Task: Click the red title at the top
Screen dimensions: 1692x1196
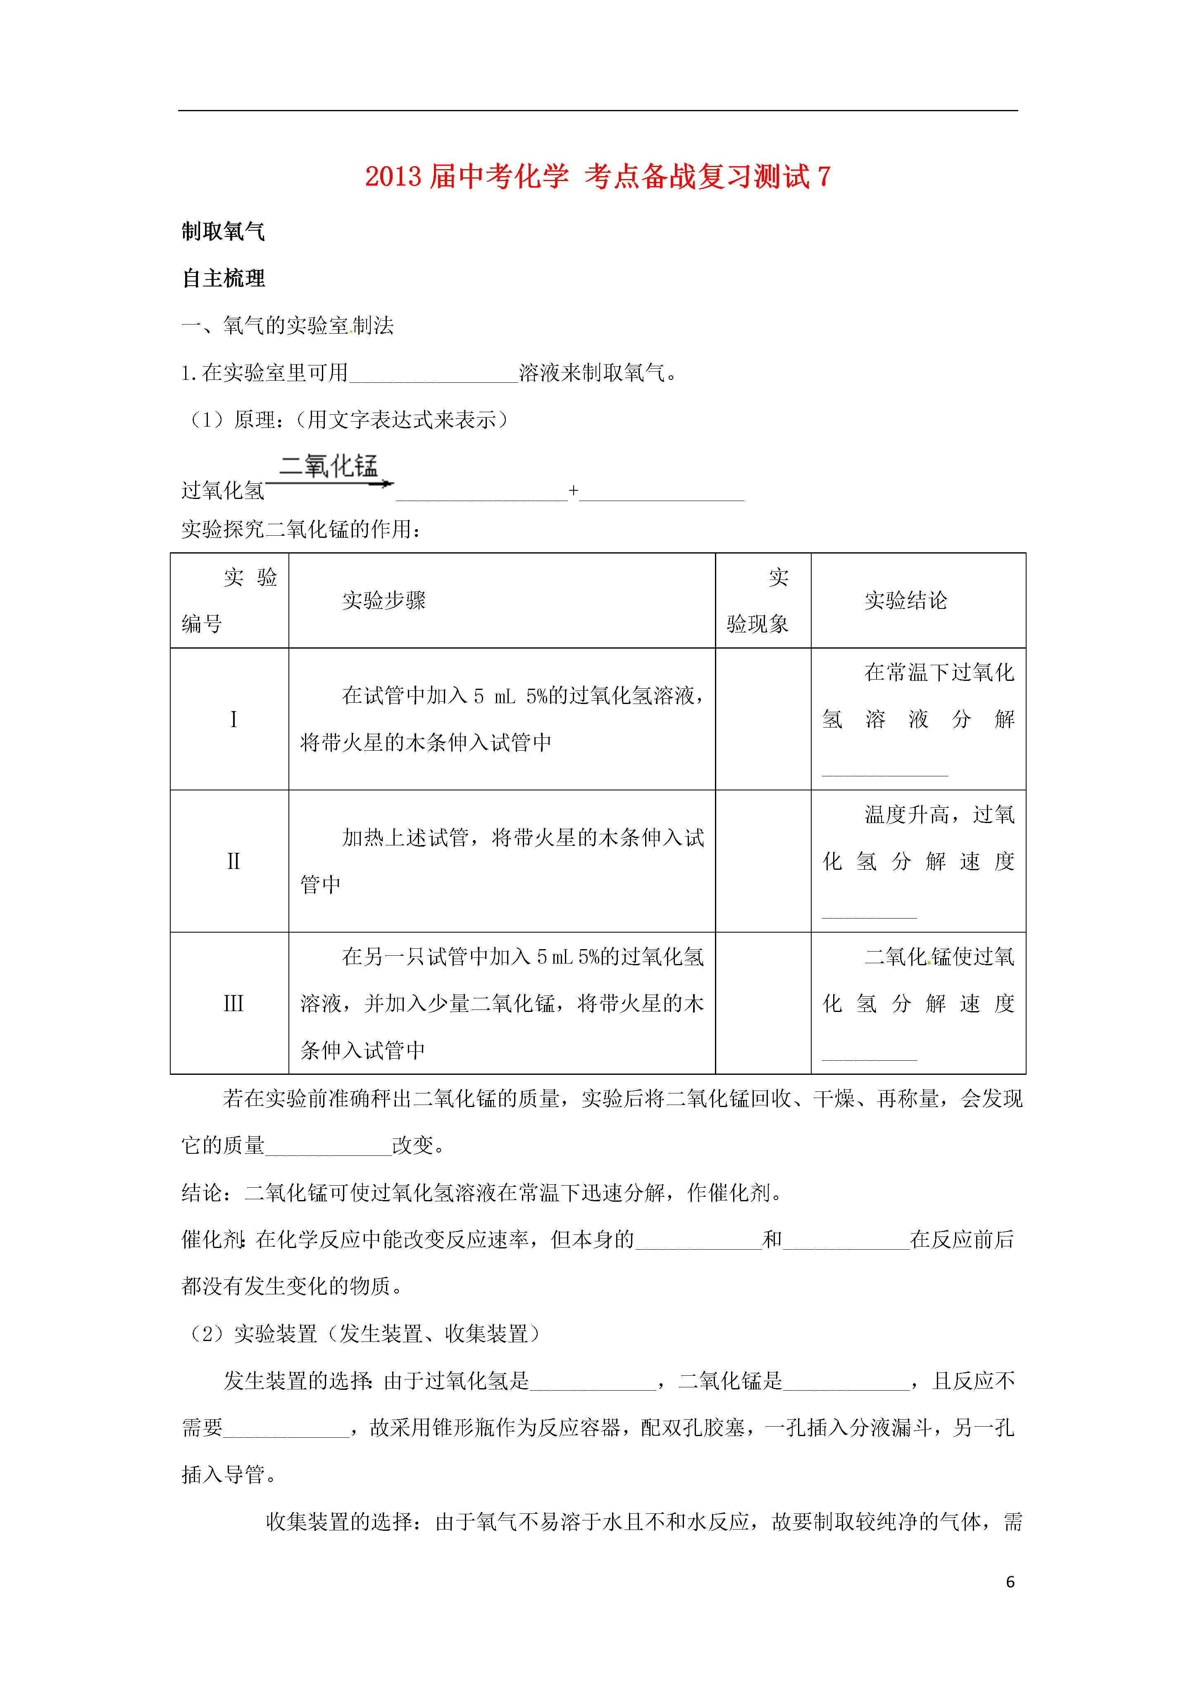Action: tap(598, 177)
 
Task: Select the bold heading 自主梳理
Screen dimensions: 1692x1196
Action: tap(223, 279)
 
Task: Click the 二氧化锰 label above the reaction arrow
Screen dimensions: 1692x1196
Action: tap(329, 466)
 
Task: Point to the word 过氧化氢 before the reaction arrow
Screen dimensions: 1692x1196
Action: tap(223, 490)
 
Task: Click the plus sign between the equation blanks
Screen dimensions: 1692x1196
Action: tap(573, 490)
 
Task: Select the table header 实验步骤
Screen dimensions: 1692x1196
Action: tap(384, 601)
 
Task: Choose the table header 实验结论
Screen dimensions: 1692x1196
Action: tap(905, 601)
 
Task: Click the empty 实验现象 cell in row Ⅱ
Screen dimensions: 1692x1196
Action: tap(763, 861)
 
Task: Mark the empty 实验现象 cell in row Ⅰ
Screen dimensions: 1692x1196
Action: tap(763, 719)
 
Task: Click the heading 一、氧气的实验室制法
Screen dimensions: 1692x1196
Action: tap(287, 326)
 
